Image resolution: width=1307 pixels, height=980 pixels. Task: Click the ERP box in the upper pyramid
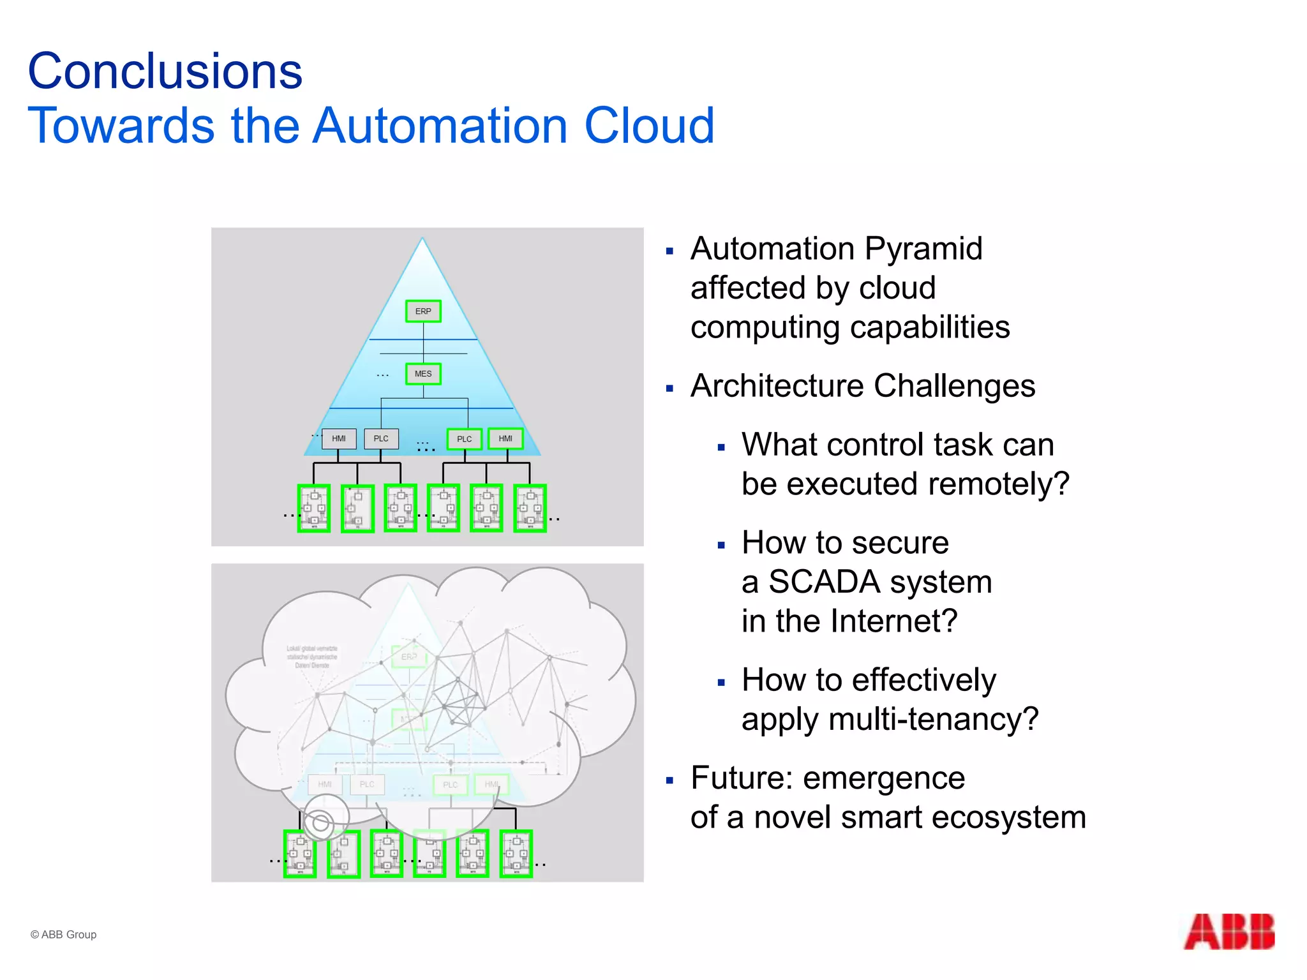423,311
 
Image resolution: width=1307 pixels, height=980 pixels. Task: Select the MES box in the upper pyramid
423,374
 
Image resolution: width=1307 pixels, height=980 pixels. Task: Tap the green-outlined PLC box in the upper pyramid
464,439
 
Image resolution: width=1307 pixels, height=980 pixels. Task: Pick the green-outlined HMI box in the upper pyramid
505,438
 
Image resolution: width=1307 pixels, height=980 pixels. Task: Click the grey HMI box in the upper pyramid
339,438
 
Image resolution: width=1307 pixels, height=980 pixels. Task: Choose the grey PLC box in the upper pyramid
381,438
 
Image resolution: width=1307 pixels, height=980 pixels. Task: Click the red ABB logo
1229,932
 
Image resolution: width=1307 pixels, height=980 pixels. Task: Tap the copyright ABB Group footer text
64,935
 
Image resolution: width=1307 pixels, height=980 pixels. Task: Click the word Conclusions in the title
165,71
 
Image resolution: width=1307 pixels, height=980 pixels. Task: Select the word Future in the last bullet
740,778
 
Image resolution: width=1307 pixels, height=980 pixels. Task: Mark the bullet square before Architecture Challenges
669,388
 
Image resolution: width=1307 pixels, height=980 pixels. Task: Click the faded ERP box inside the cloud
409,657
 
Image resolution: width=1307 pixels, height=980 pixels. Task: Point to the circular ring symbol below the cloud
320,822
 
